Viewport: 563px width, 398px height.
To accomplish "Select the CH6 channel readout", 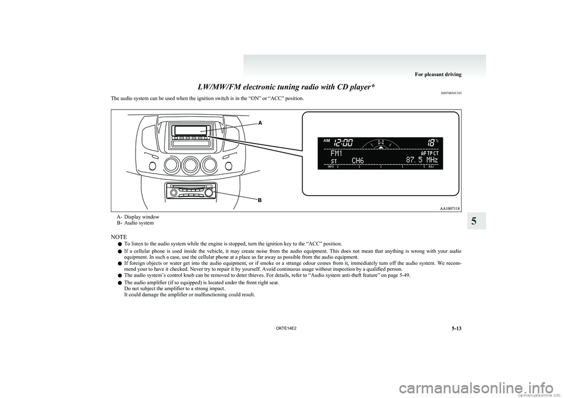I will (x=359, y=161).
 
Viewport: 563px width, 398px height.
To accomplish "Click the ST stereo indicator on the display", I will (x=335, y=161).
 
